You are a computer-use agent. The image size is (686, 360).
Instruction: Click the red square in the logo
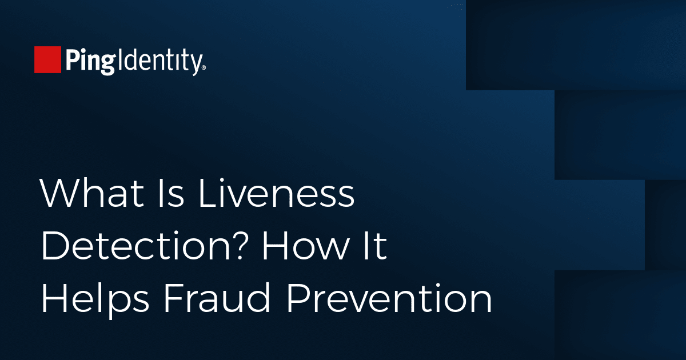point(47,59)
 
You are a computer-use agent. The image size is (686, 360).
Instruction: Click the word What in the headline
point(92,193)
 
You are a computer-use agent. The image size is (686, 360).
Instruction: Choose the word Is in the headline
point(171,193)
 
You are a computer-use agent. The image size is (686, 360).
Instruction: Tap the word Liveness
point(277,193)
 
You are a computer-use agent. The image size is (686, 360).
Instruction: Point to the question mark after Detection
point(238,245)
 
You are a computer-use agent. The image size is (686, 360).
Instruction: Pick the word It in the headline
point(374,245)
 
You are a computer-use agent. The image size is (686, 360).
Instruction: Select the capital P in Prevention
point(299,298)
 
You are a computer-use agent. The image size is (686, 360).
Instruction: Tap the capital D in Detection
point(56,245)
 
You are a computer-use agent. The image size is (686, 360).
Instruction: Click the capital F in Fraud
point(174,298)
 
